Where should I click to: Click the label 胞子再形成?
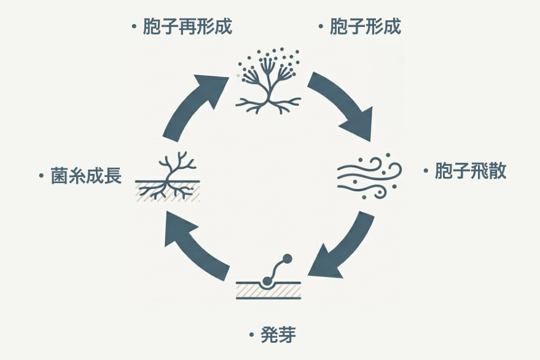(187, 27)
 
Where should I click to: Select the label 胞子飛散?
(471, 171)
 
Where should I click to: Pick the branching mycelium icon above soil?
(168, 178)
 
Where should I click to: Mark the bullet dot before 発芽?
(251, 335)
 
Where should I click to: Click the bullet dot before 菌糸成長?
(41, 177)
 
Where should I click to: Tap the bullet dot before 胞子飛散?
(425, 171)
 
